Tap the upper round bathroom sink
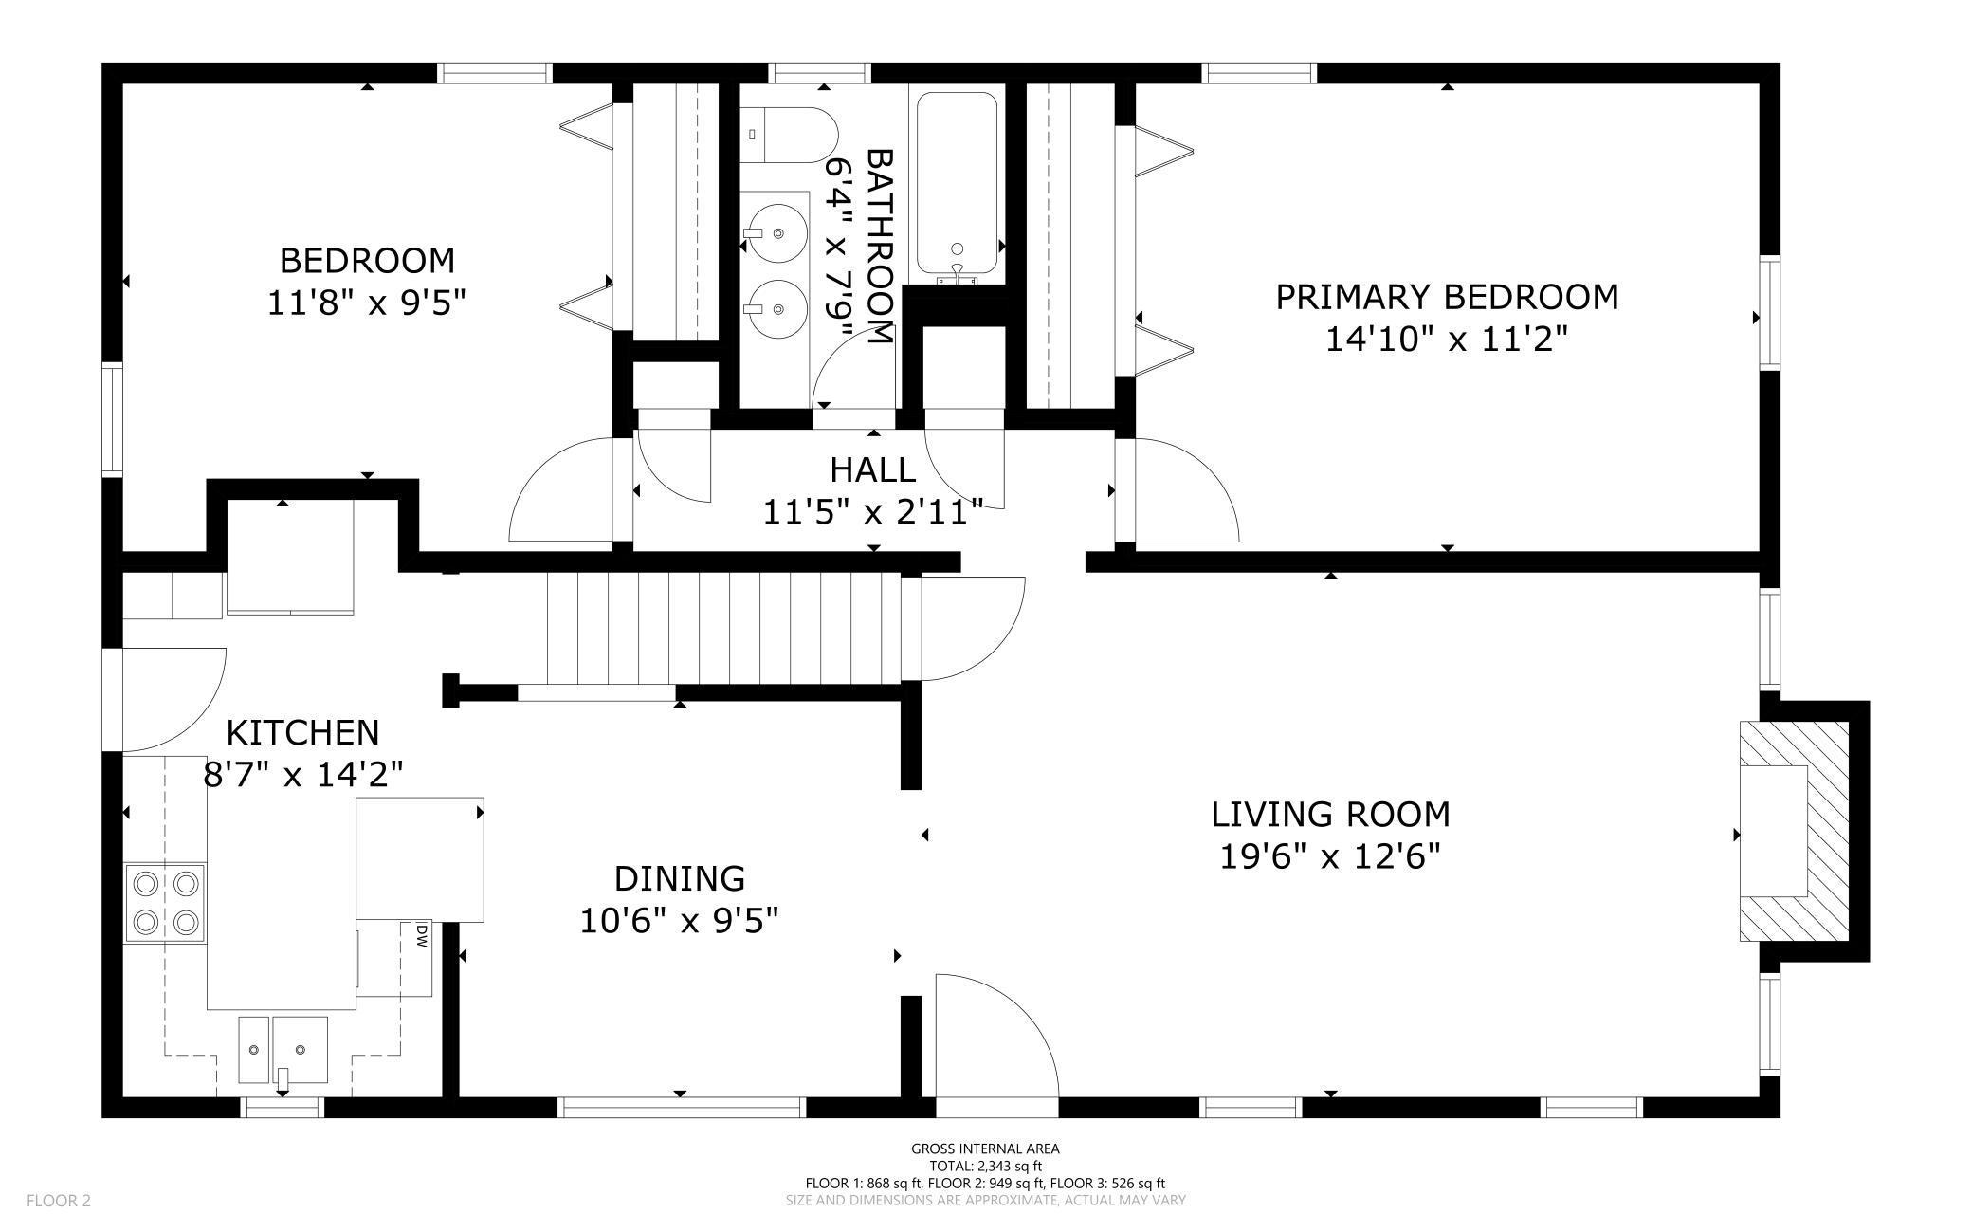point(776,231)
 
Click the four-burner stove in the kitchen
point(165,902)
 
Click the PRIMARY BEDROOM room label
point(1446,297)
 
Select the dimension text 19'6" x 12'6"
point(1329,856)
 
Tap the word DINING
point(679,878)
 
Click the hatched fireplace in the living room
point(1794,831)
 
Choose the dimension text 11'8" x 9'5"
point(367,303)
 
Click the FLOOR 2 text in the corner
point(58,1201)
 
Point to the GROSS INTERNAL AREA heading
point(985,1149)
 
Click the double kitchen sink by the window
point(283,1049)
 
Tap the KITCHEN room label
point(302,732)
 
